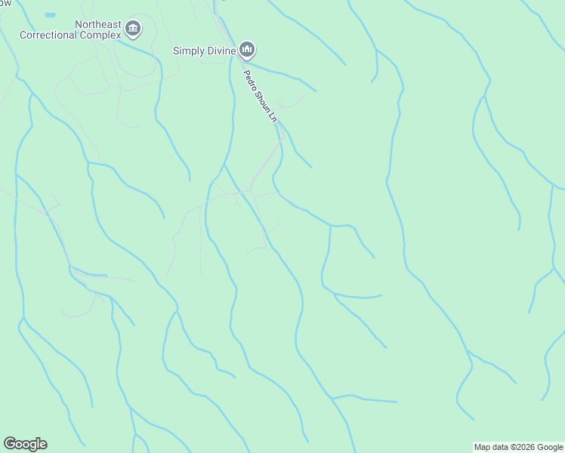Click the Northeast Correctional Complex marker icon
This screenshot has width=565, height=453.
pyautogui.click(x=134, y=29)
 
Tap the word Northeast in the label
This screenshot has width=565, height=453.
pyautogui.click(x=98, y=25)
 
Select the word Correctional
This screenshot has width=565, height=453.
pyautogui.click(x=52, y=35)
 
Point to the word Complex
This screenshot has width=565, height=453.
pyautogui.click(x=103, y=35)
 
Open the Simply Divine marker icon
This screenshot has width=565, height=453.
pyautogui.click(x=247, y=51)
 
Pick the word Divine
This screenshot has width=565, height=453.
pyautogui.click(x=221, y=51)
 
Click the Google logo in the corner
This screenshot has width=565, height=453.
pyautogui.click(x=25, y=444)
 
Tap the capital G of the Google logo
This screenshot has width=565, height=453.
pyautogui.click(x=10, y=444)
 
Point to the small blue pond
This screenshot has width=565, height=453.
pyautogui.click(x=50, y=14)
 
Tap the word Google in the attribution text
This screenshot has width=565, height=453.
pyautogui.click(x=551, y=447)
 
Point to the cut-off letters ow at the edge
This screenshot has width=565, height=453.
pyautogui.click(x=5, y=2)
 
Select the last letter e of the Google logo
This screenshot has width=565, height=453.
pyautogui.click(x=42, y=444)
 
